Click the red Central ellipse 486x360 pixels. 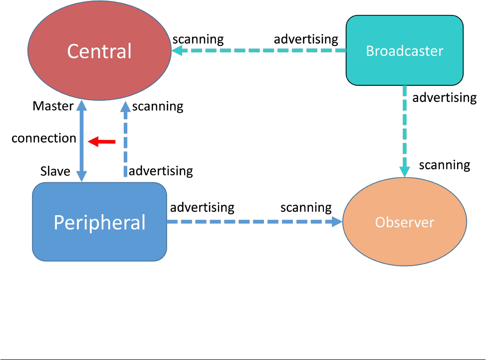pos(99,50)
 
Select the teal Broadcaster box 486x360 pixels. pos(405,50)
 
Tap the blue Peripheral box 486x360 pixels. pos(99,222)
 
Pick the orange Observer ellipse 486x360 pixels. pos(405,222)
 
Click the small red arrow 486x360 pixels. pos(102,142)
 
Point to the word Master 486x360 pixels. pos(53,106)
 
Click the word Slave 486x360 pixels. pos(55,171)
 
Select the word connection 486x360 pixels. pos(44,138)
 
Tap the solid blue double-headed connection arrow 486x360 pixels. pos(82,141)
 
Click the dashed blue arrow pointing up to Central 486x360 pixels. pos(126,139)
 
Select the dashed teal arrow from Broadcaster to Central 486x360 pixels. pos(259,50)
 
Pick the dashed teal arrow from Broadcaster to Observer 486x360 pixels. pos(405,131)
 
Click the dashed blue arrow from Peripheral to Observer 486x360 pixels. pos(255,222)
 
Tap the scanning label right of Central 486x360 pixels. pos(198,39)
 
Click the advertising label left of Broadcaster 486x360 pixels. pos(306,39)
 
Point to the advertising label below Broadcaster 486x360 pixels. pos(445,98)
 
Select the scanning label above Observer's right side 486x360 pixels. pos(445,165)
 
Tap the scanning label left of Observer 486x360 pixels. pos(306,208)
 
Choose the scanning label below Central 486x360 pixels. pos(158,107)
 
